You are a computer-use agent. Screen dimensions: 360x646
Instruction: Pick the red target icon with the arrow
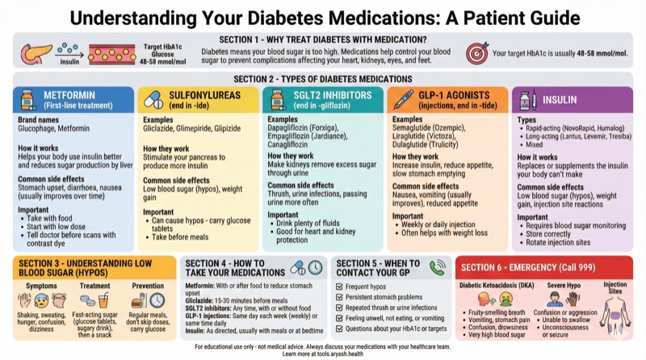pyautogui.click(x=476, y=51)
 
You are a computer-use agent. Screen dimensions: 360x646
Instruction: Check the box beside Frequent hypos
pyautogui.click(x=341, y=287)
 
